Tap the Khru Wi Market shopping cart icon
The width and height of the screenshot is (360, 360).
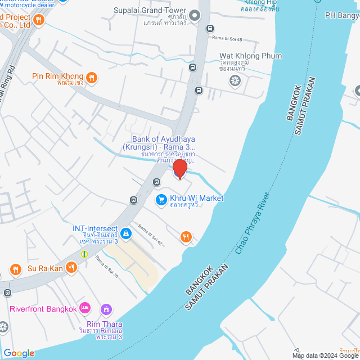(x=161, y=199)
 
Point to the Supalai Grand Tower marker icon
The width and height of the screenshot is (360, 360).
(x=195, y=15)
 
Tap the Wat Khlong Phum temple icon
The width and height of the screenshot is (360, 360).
(x=235, y=80)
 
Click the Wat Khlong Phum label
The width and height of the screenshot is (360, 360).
(x=250, y=56)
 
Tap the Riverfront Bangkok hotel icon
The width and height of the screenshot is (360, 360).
(x=85, y=308)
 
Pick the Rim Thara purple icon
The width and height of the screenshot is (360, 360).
(x=106, y=309)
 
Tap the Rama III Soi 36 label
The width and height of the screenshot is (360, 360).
(x=107, y=267)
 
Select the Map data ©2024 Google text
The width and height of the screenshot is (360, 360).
(x=325, y=355)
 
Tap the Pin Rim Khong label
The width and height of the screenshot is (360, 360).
(x=57, y=76)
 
